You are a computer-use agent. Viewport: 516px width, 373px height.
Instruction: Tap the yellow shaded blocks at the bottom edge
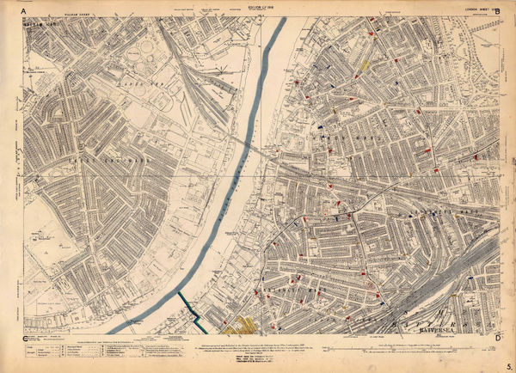click(x=240, y=325)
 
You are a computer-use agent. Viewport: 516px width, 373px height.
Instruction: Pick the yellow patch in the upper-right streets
click(x=365, y=63)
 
